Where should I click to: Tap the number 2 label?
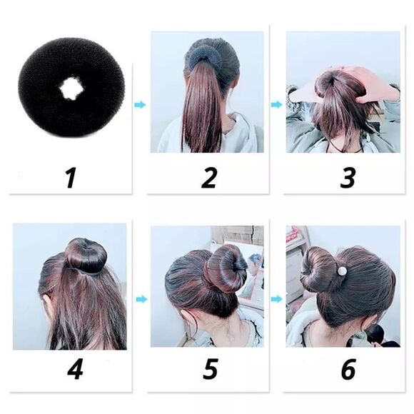[x=208, y=177]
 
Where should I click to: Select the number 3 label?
[x=347, y=177]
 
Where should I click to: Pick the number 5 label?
[x=210, y=370]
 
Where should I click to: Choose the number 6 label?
[x=348, y=370]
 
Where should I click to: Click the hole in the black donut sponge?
[x=71, y=89]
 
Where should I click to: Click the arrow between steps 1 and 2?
[x=140, y=105]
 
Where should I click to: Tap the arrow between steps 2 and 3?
[x=276, y=105]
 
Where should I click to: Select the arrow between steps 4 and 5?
[x=140, y=298]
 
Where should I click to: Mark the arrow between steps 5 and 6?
[x=276, y=298]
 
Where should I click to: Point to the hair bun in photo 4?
[x=86, y=256]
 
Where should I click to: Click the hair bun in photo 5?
[x=224, y=269]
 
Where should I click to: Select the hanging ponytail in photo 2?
[x=202, y=107]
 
